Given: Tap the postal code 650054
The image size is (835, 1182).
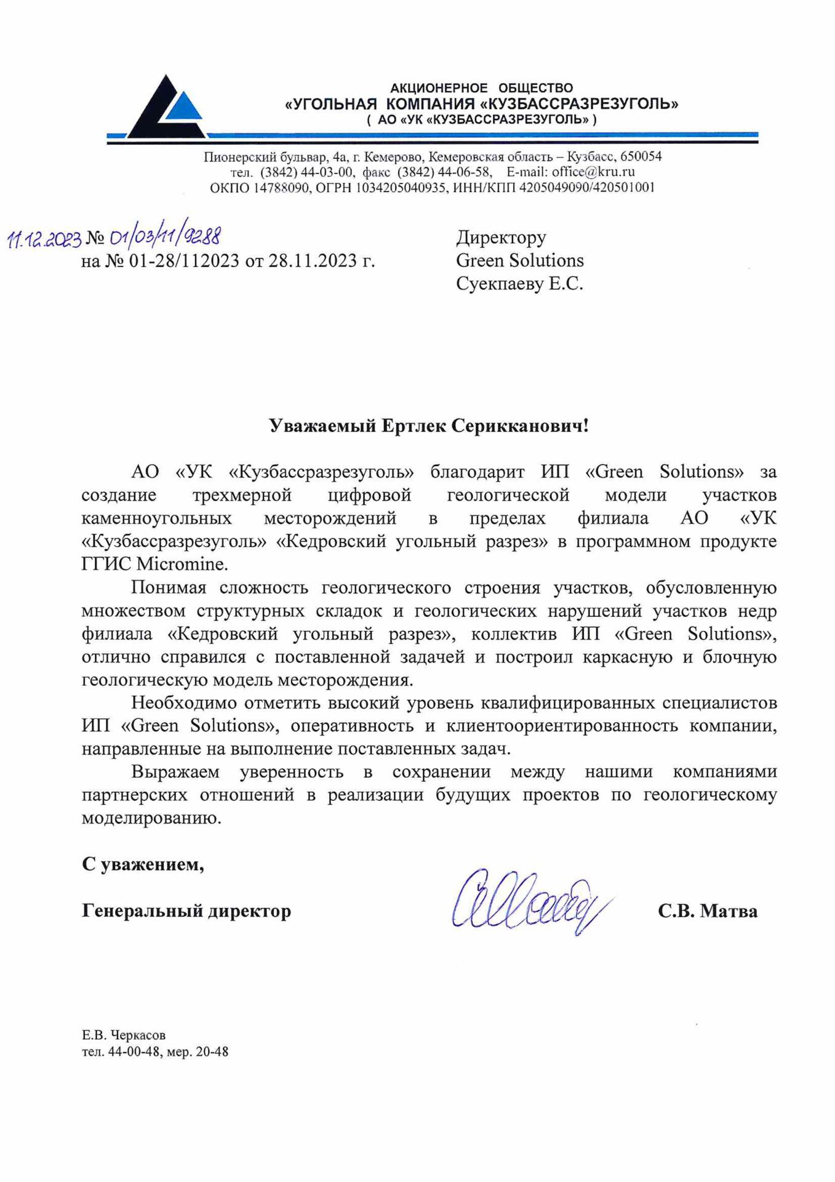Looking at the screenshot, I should point(641,156).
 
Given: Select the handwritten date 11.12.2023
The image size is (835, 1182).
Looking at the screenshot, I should point(44,239).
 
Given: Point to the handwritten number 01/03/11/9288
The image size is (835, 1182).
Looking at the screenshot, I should point(164,236).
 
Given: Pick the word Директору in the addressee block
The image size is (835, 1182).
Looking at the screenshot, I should point(501,237).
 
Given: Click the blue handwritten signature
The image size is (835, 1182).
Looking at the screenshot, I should point(530,901).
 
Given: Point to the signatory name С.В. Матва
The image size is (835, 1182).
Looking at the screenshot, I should point(707,911).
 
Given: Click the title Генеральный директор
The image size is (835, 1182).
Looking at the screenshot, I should point(186,911).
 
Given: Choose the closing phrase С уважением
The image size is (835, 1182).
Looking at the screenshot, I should point(143,864).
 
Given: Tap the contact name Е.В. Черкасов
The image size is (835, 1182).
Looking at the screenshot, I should point(124,1035).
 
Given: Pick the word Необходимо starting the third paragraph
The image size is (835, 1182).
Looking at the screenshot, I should point(184,702).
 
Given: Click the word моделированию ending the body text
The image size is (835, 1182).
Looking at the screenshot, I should point(151,818).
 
